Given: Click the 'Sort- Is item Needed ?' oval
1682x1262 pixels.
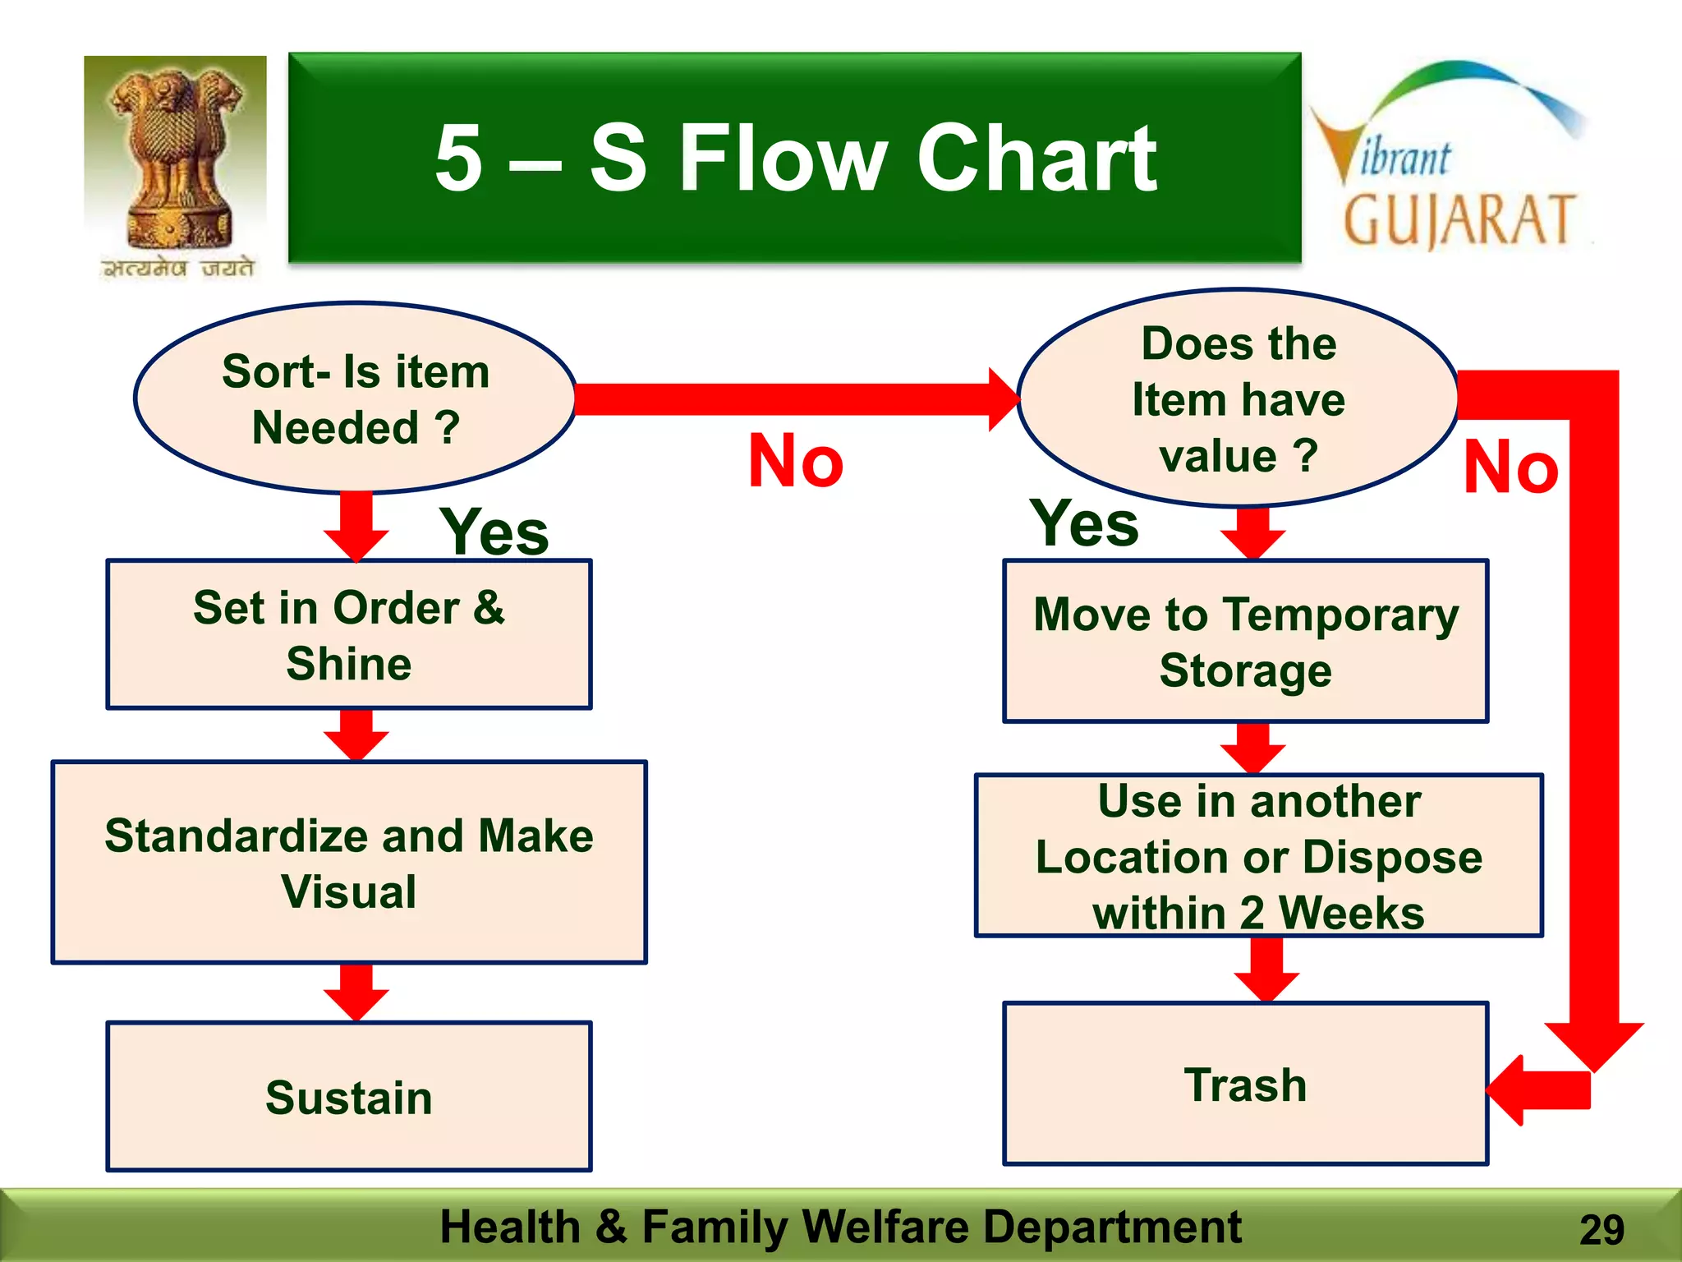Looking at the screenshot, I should pos(355,398).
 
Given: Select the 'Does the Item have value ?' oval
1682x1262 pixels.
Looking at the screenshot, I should pos(1239,398).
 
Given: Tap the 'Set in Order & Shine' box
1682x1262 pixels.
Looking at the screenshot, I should pos(349,634).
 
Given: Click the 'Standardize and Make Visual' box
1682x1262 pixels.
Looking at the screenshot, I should pos(349,862).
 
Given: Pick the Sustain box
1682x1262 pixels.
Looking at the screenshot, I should pos(349,1096).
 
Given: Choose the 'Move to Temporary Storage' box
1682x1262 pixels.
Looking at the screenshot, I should pos(1245,641).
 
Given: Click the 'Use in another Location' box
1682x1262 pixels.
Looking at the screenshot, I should pos(1258,855).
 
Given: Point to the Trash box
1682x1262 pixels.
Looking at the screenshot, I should pos(1245,1084).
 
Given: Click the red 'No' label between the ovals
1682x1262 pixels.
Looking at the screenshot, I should pos(795,461).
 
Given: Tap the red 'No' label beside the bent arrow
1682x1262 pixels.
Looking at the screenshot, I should pos(1510,467).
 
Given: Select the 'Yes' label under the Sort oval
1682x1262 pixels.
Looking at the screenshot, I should pos(494,532).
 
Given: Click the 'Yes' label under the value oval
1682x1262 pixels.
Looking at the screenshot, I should pos(1084,523).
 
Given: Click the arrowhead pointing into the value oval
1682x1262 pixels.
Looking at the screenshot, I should pos(1004,399).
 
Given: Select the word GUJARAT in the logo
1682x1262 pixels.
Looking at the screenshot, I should pos(1459,220).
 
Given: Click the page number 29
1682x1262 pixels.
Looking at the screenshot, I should pos(1601,1230).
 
